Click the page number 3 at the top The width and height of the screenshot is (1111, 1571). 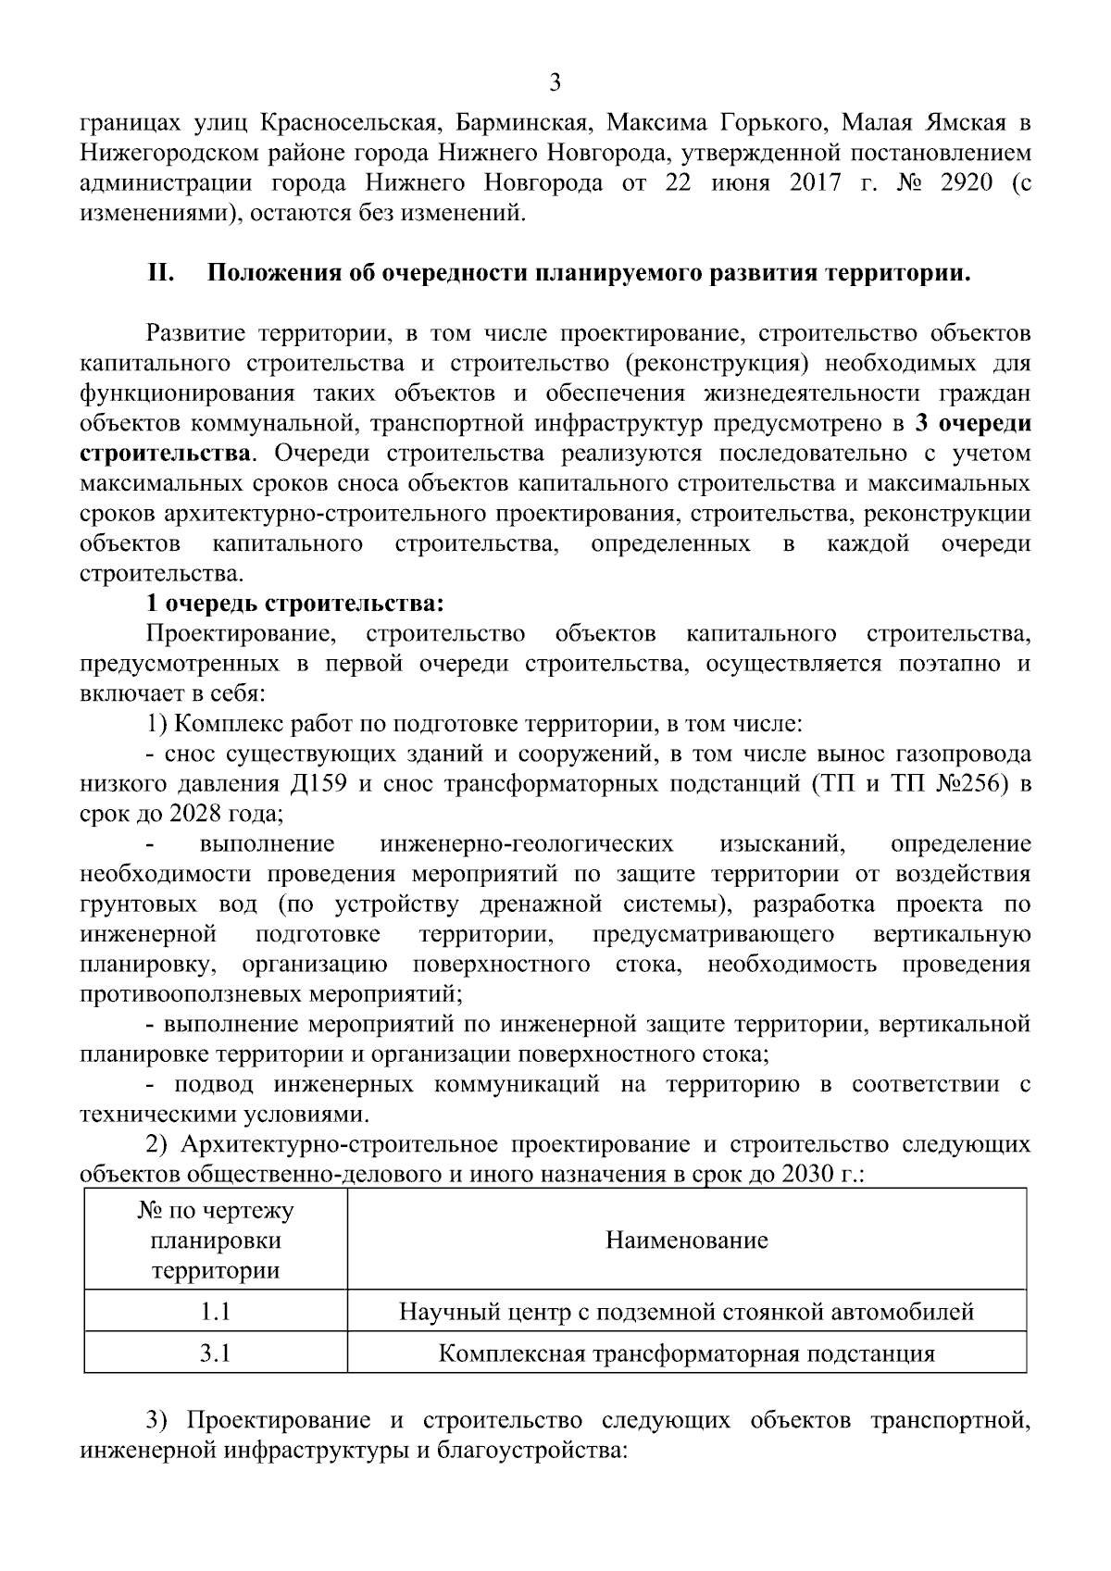(555, 83)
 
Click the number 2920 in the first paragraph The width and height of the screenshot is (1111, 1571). (966, 182)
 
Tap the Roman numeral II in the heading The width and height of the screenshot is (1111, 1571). (162, 274)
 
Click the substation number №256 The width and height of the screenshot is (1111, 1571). (976, 784)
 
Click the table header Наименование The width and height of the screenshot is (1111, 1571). (686, 1240)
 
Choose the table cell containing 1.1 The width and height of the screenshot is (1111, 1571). (215, 1311)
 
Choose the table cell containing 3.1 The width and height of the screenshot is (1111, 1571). (215, 1353)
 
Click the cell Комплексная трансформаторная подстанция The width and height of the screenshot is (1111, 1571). (686, 1353)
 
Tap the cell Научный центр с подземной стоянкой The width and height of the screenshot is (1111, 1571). (686, 1311)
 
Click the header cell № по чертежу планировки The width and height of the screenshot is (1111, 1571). (215, 1240)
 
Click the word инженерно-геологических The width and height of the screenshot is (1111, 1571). (526, 843)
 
